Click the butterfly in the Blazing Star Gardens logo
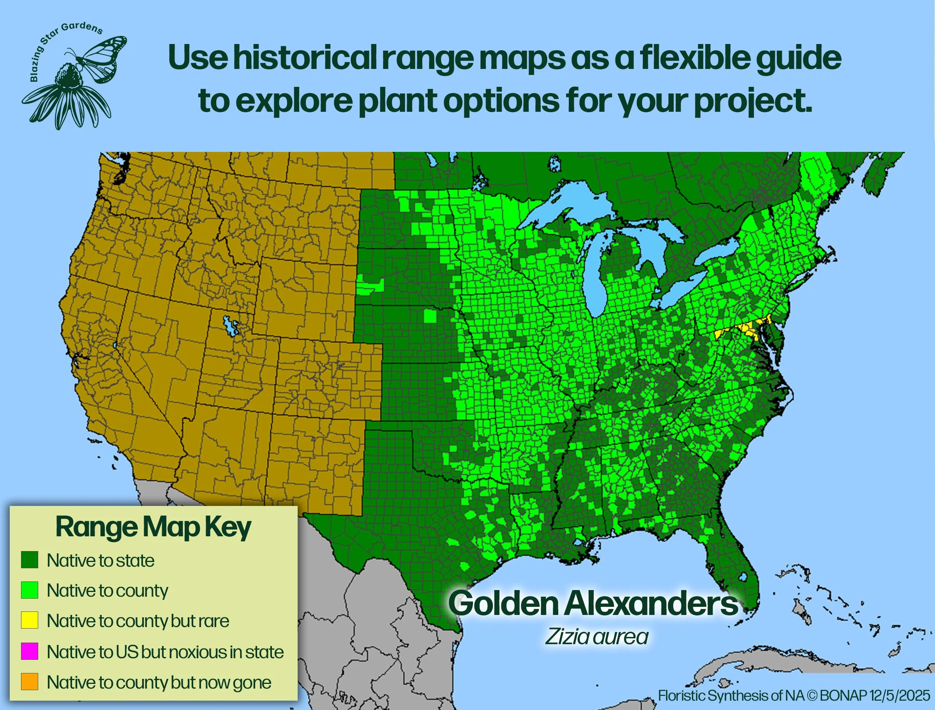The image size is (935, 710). coord(101,57)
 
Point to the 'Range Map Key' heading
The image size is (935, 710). coord(153,527)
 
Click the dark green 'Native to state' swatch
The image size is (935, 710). coord(30,560)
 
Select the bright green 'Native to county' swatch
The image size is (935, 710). coord(30,590)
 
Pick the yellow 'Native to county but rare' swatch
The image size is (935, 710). coord(30,620)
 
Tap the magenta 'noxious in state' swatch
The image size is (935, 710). coord(30,651)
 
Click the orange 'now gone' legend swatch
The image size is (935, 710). coord(30,682)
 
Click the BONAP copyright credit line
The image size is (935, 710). coord(794,696)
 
